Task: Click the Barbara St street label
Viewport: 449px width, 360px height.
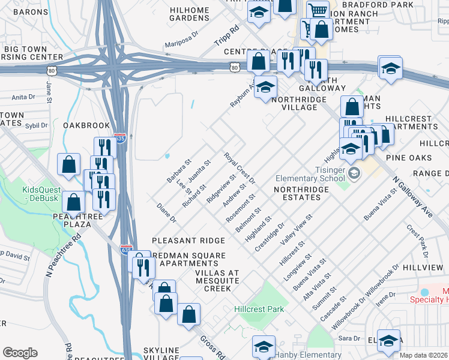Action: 179,171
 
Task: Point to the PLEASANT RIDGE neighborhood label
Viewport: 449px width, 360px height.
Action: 188,240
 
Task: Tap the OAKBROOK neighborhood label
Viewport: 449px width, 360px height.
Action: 86,125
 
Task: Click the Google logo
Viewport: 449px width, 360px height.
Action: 20,353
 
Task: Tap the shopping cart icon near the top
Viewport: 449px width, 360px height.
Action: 318,10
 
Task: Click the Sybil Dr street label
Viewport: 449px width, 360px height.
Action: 36,126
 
